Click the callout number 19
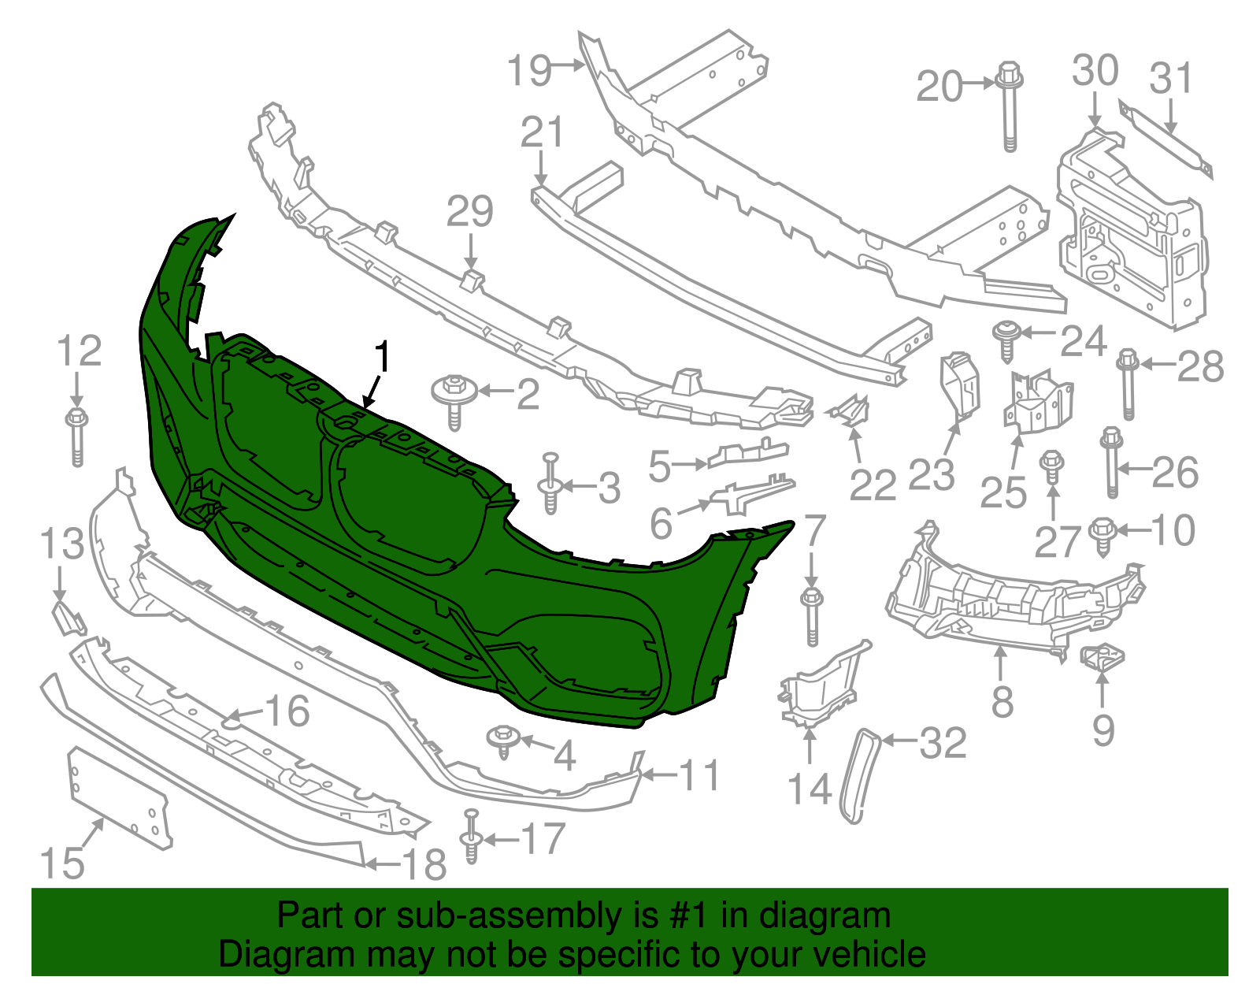(x=529, y=70)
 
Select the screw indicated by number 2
(x=454, y=399)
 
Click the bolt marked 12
(x=76, y=436)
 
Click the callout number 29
(x=470, y=211)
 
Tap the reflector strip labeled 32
(x=860, y=776)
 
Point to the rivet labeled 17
(x=471, y=837)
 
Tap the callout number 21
(x=542, y=132)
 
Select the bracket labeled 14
(x=819, y=685)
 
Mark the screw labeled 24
(x=1005, y=340)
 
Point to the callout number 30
(x=1095, y=71)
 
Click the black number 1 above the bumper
(x=383, y=358)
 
